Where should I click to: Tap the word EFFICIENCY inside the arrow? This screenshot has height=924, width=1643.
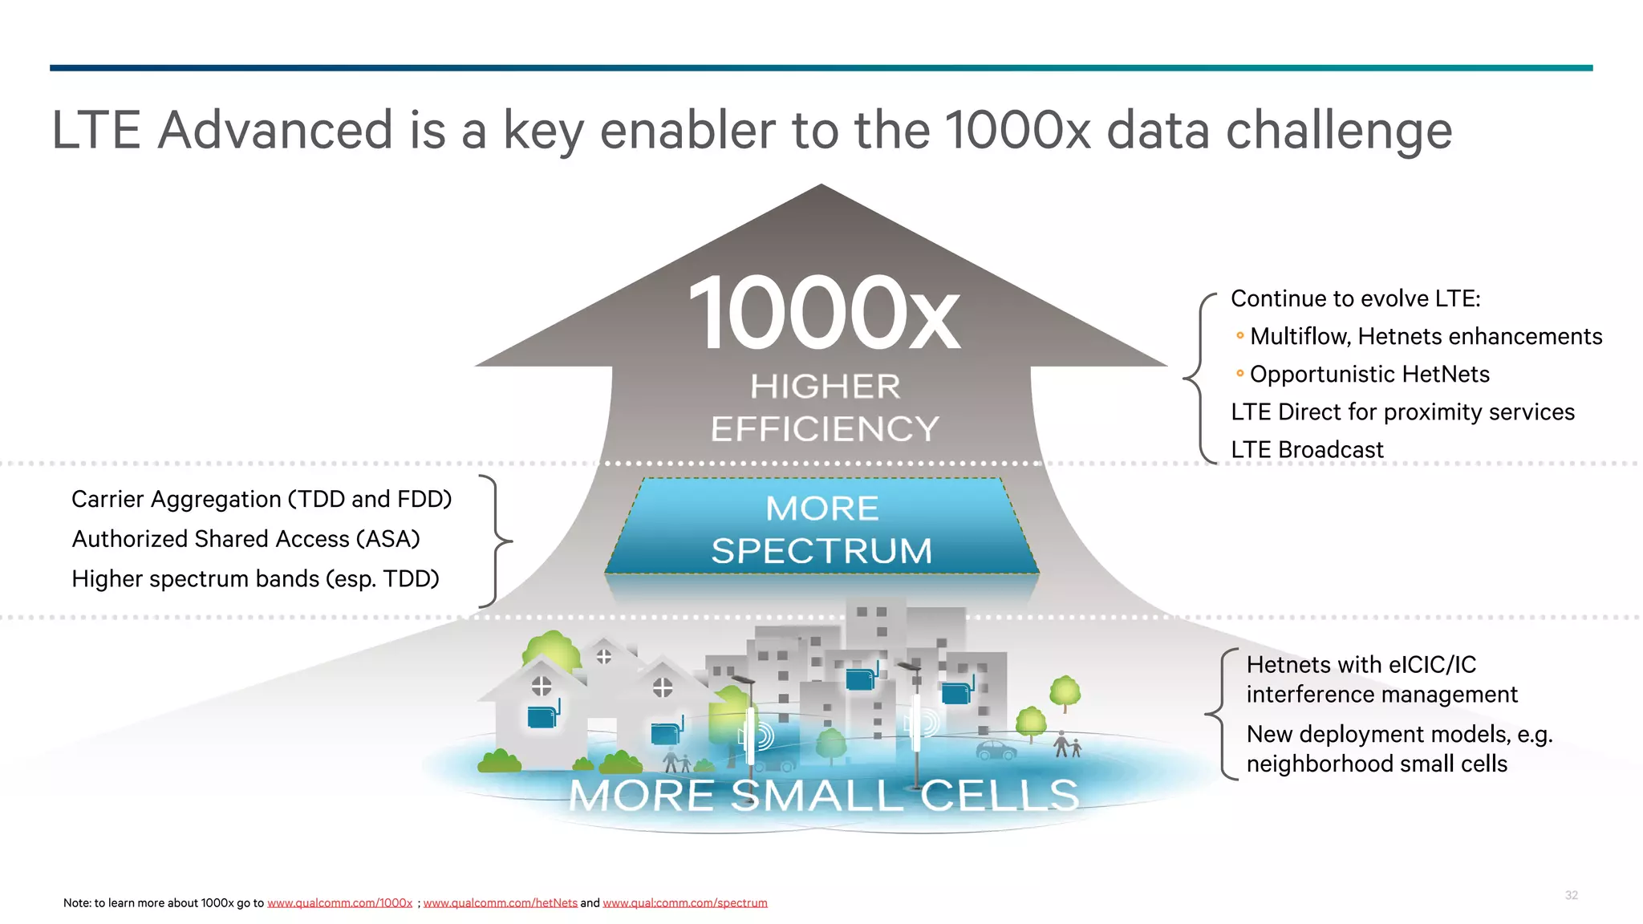click(825, 428)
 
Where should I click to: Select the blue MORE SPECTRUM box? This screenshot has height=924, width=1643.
click(822, 528)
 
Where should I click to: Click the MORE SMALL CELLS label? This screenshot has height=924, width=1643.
click(824, 795)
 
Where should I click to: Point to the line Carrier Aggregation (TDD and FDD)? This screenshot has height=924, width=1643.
click(262, 499)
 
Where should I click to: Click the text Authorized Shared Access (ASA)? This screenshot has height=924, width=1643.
click(245, 539)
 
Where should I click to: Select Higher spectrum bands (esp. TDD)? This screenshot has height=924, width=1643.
click(255, 579)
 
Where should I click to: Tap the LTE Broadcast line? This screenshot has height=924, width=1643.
click(1307, 450)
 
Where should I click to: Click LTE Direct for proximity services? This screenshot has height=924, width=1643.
click(1402, 412)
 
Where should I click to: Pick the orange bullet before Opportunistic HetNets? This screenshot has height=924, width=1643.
click(1240, 374)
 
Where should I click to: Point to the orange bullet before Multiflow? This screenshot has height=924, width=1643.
click(1240, 335)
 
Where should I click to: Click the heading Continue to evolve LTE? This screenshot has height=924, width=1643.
click(1355, 298)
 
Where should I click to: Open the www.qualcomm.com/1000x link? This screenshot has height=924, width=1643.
click(339, 903)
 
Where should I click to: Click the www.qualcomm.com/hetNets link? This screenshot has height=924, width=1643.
click(500, 903)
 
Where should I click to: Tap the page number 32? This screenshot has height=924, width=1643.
click(1571, 895)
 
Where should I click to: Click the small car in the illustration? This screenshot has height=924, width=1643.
click(996, 751)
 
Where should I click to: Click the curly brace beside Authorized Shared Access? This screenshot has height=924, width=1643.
click(497, 541)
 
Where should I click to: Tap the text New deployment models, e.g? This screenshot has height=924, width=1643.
click(1399, 734)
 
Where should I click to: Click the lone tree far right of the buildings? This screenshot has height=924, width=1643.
click(1065, 692)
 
